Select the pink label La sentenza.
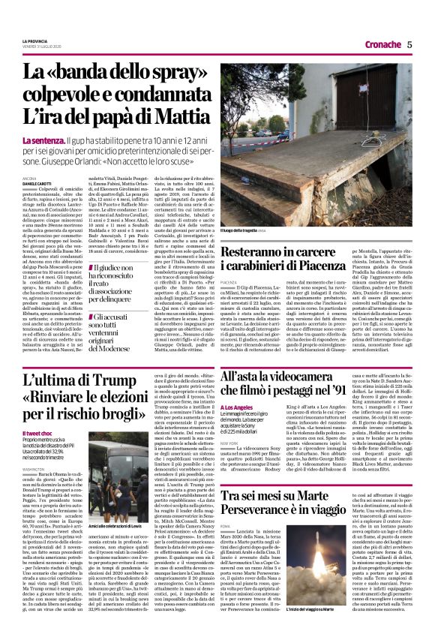[43, 141]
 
